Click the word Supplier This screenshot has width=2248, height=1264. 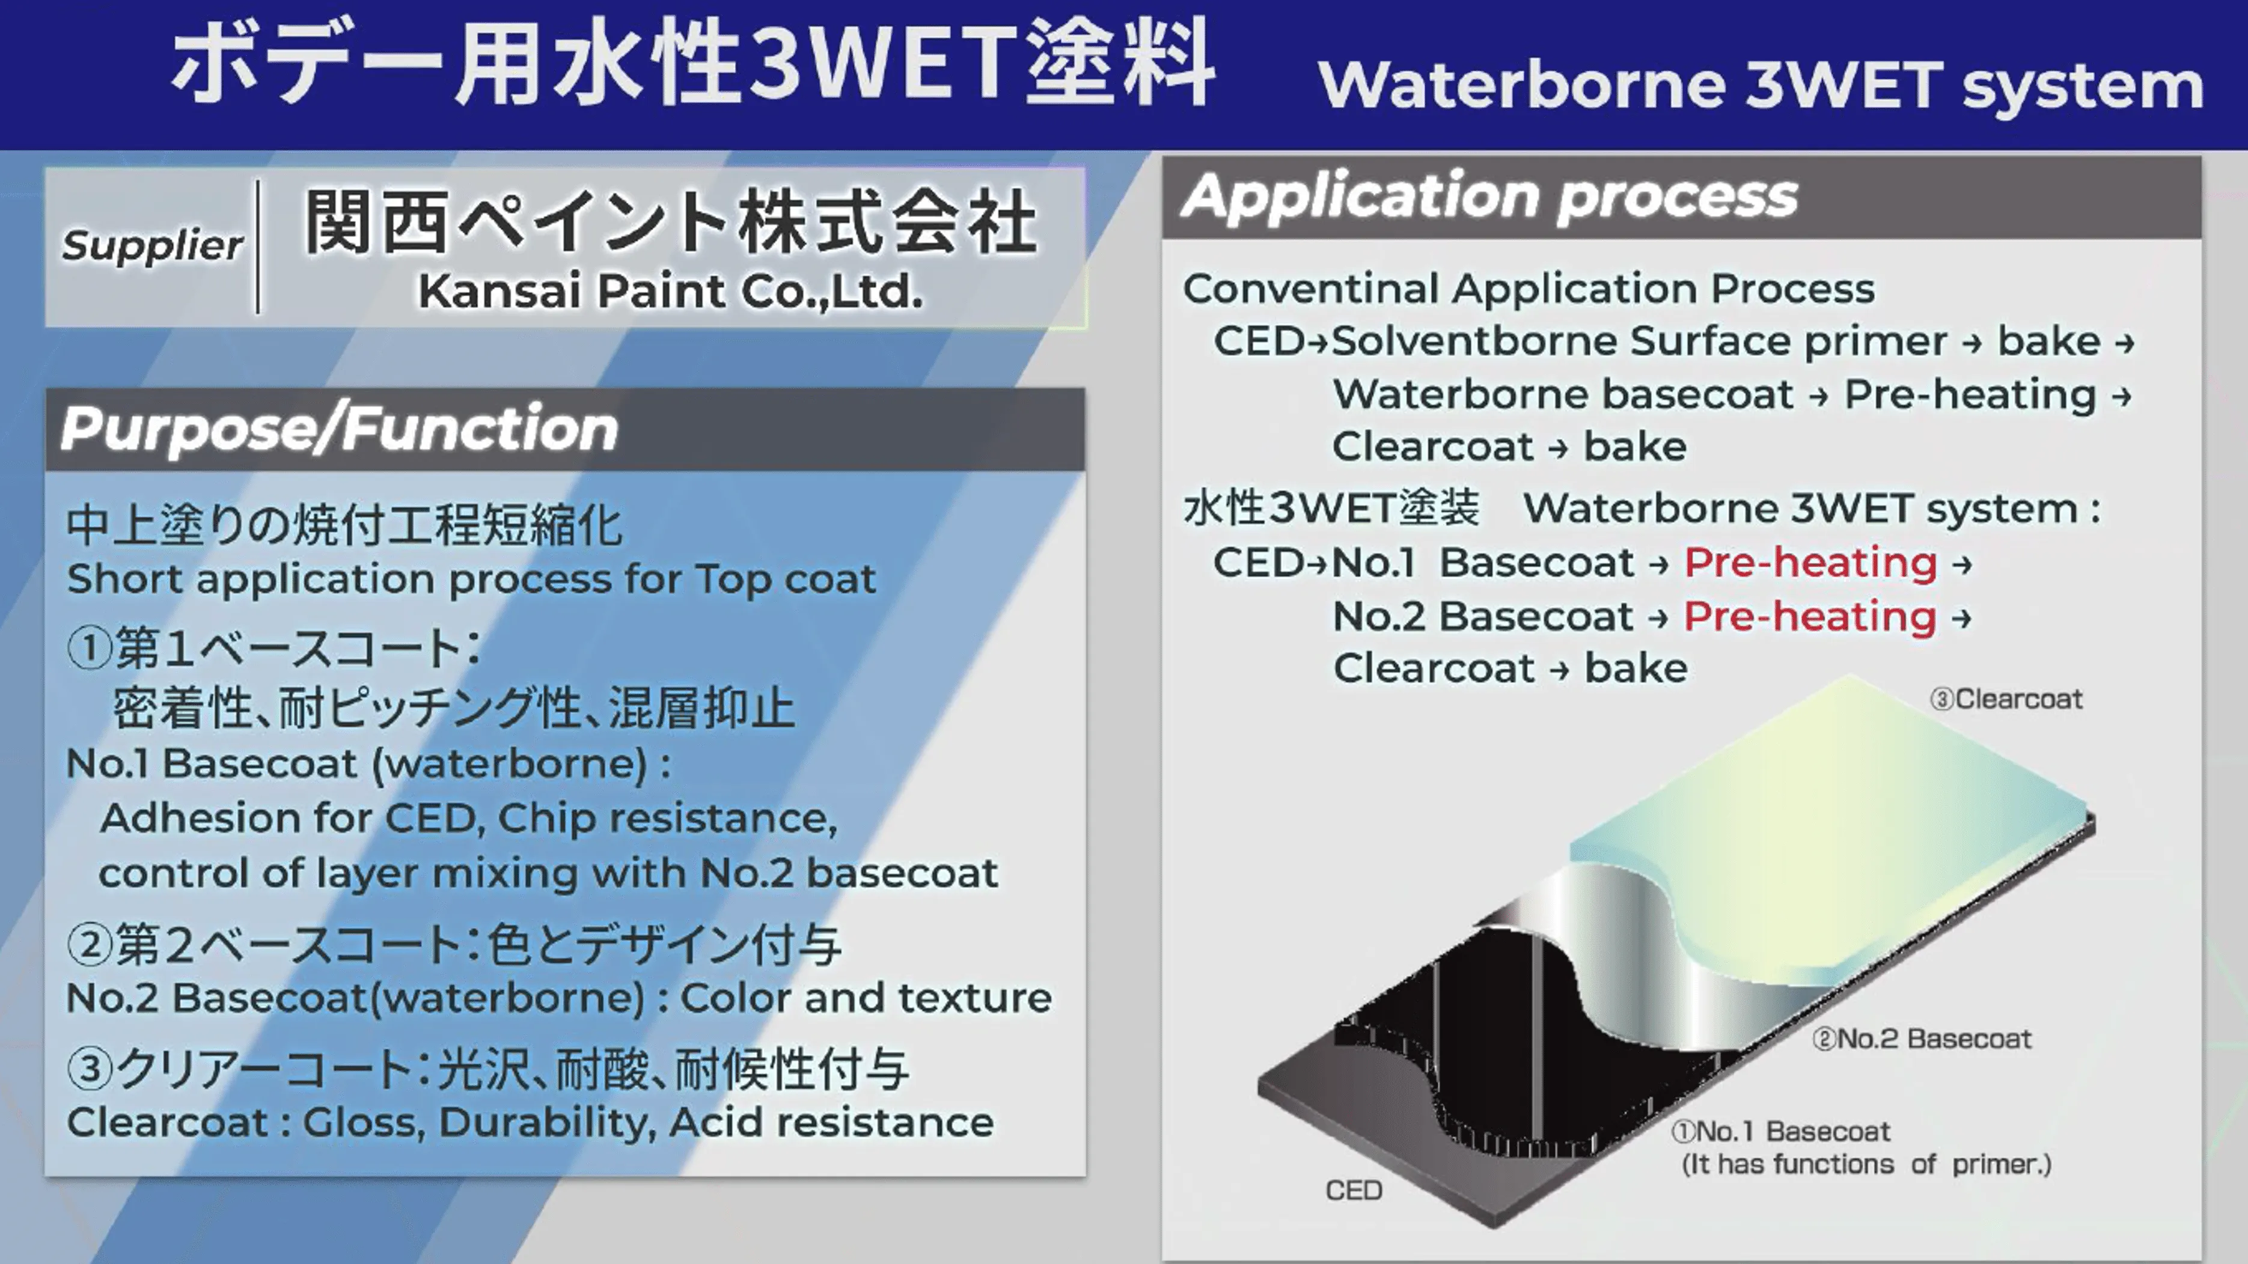(152, 246)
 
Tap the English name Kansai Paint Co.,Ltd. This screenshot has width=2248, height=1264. (670, 291)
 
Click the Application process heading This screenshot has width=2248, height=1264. (1489, 197)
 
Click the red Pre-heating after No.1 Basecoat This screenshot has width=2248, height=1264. (1811, 562)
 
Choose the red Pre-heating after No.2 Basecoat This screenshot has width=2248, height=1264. (1810, 616)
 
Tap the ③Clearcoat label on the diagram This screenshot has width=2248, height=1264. (2005, 699)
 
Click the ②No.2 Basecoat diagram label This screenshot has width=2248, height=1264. (1922, 1039)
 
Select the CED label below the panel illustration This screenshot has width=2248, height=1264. (1354, 1191)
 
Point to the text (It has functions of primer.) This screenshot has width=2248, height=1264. (1867, 1164)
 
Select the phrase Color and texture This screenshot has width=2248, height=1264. (866, 998)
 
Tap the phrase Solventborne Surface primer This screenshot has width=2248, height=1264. (1639, 341)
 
